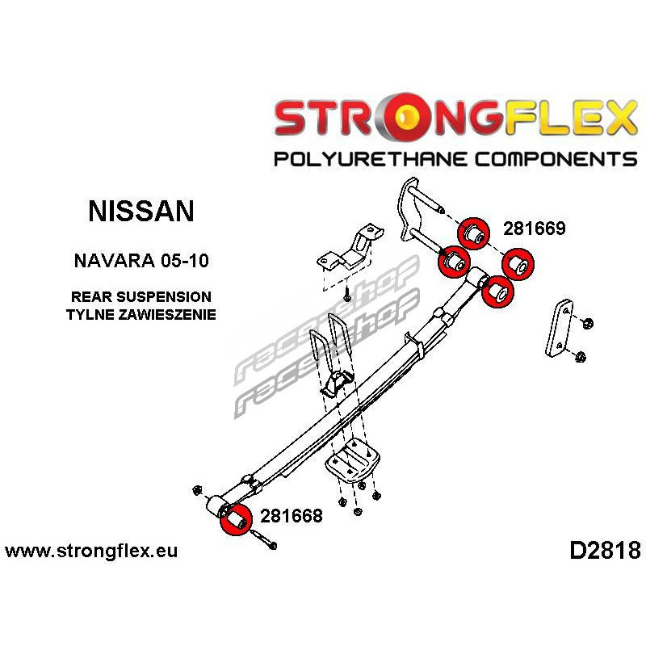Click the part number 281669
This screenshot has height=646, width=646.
pyautogui.click(x=534, y=229)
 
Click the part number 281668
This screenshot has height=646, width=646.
pyautogui.click(x=291, y=516)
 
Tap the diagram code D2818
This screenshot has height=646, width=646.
pyautogui.click(x=604, y=552)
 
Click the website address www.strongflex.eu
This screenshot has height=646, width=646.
pyautogui.click(x=90, y=552)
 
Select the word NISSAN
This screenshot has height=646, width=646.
pyautogui.click(x=141, y=212)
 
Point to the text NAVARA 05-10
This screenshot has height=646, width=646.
pyautogui.click(x=141, y=261)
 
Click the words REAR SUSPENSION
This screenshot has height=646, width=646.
pyautogui.click(x=141, y=297)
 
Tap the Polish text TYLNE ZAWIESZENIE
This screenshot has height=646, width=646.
pyautogui.click(x=141, y=315)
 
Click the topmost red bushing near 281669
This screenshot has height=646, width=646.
pyautogui.click(x=474, y=233)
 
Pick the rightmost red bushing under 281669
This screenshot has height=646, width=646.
pyautogui.click(x=518, y=265)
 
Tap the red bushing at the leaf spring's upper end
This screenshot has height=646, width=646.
pyautogui.click(x=498, y=292)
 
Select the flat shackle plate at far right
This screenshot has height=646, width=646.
pyautogui.click(x=559, y=327)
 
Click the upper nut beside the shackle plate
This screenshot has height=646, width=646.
pyautogui.click(x=586, y=323)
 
